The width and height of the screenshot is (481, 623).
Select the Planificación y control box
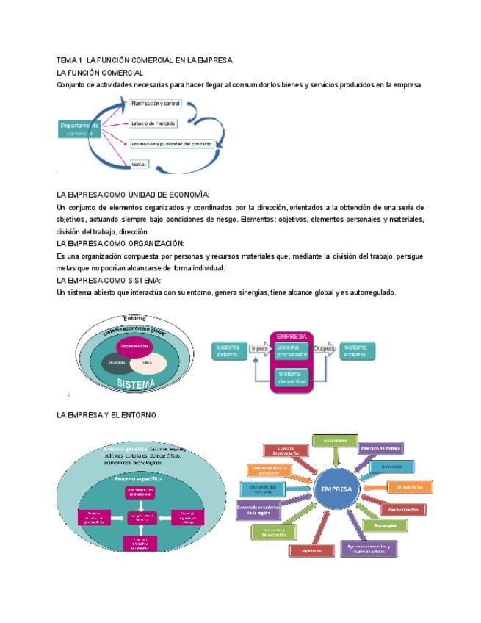click(x=156, y=104)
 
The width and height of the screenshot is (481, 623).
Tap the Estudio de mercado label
click(x=153, y=123)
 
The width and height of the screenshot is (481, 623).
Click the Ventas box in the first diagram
click(x=139, y=165)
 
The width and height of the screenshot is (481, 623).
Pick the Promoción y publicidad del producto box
click(x=171, y=144)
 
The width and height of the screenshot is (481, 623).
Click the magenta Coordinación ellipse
click(x=135, y=346)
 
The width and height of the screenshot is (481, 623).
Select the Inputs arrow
click(x=259, y=348)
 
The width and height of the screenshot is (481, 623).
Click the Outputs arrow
click(x=324, y=348)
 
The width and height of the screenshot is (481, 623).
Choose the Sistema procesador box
click(x=292, y=350)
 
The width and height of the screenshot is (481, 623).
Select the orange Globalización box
click(x=410, y=486)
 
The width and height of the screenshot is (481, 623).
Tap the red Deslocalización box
click(x=403, y=509)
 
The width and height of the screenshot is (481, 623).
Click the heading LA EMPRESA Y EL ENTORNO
click(x=106, y=415)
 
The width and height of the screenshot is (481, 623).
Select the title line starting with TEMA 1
click(x=145, y=60)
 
